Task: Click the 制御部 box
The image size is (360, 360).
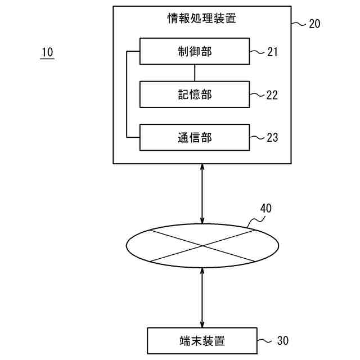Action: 194,52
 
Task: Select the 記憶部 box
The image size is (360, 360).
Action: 194,94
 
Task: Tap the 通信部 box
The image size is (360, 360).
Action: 194,137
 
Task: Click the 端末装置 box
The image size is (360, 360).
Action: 202,341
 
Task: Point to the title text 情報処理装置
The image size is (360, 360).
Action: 202,19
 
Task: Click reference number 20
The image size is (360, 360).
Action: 314,24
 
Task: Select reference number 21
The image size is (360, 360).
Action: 272,52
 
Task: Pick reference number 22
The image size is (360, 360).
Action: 272,95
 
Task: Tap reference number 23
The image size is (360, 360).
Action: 272,137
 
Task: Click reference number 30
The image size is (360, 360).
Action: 283,341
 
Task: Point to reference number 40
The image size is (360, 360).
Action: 265,209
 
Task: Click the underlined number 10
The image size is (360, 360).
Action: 47,52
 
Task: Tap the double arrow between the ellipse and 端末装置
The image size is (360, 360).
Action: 202,297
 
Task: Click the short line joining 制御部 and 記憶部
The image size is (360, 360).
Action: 195,73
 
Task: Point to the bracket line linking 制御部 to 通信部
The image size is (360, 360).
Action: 127,94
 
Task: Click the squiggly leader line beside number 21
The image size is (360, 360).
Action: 257,52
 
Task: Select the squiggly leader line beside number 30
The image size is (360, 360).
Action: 265,341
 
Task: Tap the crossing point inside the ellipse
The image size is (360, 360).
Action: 202,245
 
